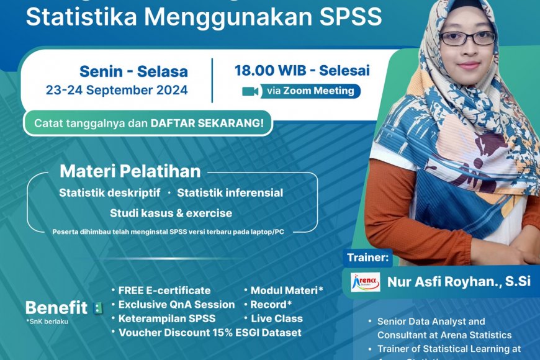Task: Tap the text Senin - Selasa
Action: (133, 71)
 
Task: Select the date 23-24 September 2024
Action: (117, 90)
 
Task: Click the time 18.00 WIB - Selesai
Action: (302, 70)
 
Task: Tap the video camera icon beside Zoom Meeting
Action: (251, 91)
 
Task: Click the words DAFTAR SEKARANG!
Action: (207, 123)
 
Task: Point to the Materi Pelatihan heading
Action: (130, 171)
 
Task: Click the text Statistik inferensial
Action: (230, 193)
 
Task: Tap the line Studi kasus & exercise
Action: (171, 213)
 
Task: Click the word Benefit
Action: (56, 307)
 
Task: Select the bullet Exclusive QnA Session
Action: (176, 305)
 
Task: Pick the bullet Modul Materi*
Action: (287, 290)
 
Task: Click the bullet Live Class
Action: (277, 318)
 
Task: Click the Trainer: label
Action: (369, 256)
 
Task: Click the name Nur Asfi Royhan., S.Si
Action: (459, 282)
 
